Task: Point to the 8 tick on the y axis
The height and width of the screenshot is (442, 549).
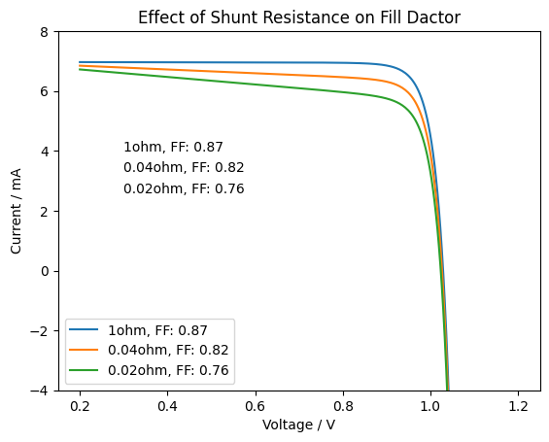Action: tap(44, 32)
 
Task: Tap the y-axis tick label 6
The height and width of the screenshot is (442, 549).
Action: tap(44, 91)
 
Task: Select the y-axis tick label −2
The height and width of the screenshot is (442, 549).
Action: tap(39, 330)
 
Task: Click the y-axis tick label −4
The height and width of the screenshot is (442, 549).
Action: tap(39, 391)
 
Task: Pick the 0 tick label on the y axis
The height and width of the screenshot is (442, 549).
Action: tap(44, 271)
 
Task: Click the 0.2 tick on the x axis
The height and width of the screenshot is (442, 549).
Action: tap(80, 406)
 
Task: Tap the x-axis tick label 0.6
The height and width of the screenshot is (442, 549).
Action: tap(256, 406)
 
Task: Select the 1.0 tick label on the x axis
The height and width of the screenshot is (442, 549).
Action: tap(429, 406)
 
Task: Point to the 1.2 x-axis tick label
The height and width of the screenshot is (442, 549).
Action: tap(518, 406)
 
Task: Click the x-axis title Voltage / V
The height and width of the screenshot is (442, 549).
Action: tap(299, 425)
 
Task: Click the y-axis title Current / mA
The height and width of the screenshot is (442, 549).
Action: tap(16, 211)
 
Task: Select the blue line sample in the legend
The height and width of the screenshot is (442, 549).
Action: tap(84, 329)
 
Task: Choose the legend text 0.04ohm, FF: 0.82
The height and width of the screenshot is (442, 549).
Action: tap(168, 350)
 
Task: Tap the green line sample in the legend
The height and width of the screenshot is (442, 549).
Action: tap(84, 370)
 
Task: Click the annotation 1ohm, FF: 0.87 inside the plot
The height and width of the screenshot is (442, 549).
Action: tap(173, 147)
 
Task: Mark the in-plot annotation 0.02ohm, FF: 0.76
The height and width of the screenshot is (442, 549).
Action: tap(184, 189)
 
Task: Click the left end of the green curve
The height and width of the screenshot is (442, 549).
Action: tap(79, 69)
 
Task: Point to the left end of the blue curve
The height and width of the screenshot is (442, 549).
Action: tap(79, 62)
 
